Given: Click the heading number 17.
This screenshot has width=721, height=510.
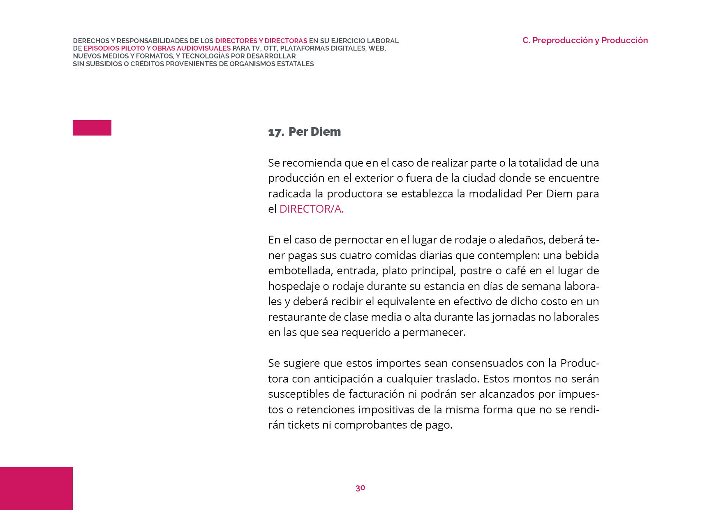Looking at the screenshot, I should point(275,132).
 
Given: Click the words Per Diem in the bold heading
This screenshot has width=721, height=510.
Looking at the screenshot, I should point(314,132).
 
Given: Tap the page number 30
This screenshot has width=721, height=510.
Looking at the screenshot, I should point(360,488).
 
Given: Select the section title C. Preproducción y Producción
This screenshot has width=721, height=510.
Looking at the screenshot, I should point(585,40).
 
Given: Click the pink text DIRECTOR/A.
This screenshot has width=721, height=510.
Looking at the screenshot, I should point(311,209).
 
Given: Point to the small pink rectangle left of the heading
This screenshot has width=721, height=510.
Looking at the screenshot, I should point(92,128).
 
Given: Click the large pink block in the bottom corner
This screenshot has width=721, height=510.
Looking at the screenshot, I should point(36,488).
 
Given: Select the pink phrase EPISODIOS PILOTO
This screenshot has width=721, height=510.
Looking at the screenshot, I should point(114,48).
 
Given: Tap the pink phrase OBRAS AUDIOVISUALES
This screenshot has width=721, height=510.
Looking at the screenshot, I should point(191,48).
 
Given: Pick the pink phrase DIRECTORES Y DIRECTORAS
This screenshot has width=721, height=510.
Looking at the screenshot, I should point(261,41).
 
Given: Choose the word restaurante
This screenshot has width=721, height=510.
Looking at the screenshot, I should point(293,317).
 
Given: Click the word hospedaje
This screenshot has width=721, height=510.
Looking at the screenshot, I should point(294,286).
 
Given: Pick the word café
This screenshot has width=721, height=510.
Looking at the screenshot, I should point(515,271).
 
